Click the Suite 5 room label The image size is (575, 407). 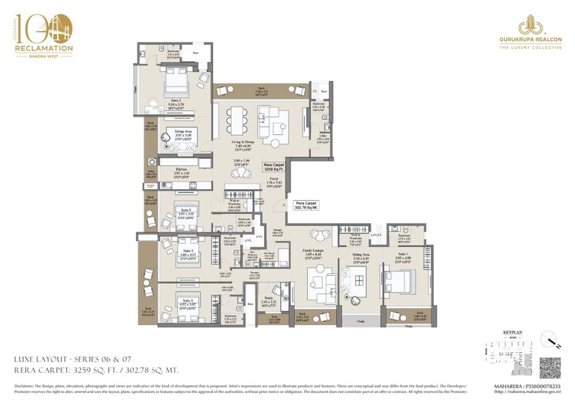pyautogui.click(x=188, y=209)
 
